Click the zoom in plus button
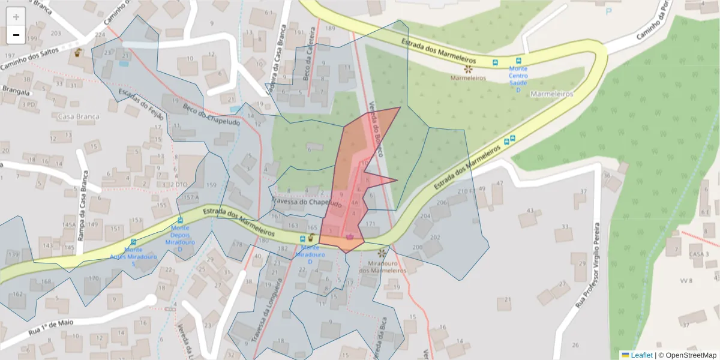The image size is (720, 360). tap(16, 16)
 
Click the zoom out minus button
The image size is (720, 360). tap(16, 35)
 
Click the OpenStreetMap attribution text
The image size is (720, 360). tap(688, 355)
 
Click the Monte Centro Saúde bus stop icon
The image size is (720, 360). tap(518, 61)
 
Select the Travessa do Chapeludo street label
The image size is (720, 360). tap(307, 204)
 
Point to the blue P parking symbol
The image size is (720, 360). tap(609, 11)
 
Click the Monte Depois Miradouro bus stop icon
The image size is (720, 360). tap(180, 220)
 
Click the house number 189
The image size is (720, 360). tap(329, 28)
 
